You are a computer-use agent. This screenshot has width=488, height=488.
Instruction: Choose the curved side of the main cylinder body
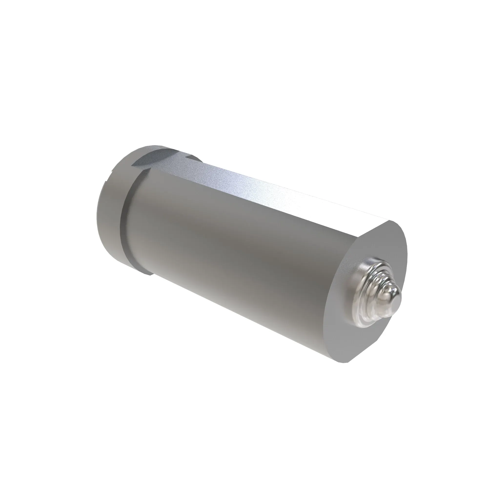[240, 253]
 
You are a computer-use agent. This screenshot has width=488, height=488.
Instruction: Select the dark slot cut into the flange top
[157, 157]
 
